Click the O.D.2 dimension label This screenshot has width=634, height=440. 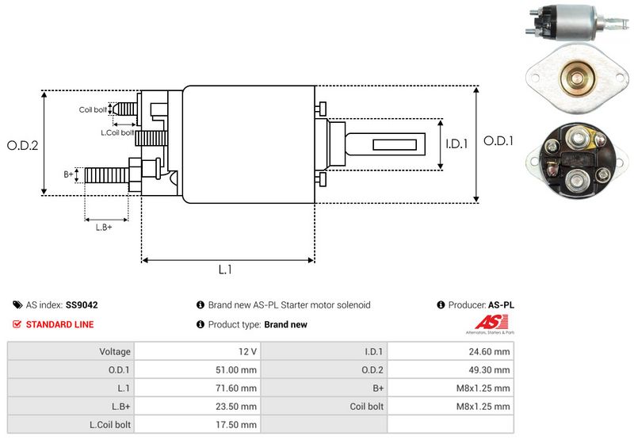click(x=23, y=145)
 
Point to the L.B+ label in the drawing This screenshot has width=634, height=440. click(x=104, y=228)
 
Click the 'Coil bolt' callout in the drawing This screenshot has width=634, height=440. click(x=93, y=109)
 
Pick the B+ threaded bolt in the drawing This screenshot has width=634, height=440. click(x=106, y=174)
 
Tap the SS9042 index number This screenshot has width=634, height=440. click(x=82, y=304)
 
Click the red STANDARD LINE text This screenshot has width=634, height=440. click(x=59, y=324)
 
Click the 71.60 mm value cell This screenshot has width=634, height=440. click(x=197, y=388)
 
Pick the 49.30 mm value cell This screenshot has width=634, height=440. click(x=450, y=369)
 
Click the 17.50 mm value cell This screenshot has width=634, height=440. click(x=197, y=425)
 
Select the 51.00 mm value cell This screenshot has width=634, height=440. click(x=197, y=369)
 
